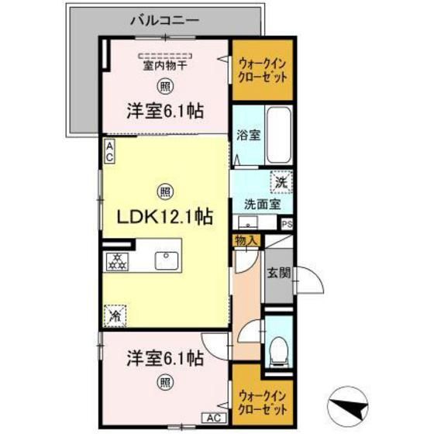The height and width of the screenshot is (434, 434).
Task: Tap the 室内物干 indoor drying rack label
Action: pos(164,66)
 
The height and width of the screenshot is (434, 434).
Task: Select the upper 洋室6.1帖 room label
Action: pos(165,111)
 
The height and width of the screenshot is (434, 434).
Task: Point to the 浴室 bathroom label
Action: pos(248,133)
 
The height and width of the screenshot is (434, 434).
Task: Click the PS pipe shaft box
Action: pos(288,225)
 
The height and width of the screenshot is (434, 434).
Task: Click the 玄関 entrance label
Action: pos(279,273)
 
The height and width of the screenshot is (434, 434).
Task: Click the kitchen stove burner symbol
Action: pos(119,260)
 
